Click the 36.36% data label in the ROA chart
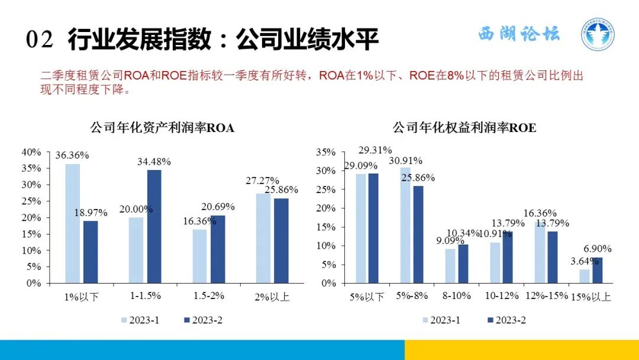[x=72, y=156]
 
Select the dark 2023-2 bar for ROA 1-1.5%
[x=154, y=226]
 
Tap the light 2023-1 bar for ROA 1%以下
[x=72, y=223]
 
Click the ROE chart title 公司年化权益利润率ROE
[x=464, y=128]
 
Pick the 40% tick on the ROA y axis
[x=32, y=152]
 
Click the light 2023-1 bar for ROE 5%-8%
[x=405, y=225]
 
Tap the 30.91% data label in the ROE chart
[x=406, y=160]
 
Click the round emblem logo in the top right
[x=596, y=36]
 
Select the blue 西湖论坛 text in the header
[x=518, y=34]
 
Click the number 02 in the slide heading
[x=40, y=40]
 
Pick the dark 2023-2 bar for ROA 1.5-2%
[x=218, y=249]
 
